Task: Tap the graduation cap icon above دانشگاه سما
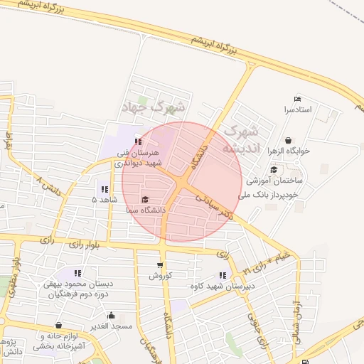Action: click(146, 200)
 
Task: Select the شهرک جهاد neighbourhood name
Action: click(153, 108)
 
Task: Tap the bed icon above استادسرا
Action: click(297, 99)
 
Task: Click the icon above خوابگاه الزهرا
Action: click(288, 140)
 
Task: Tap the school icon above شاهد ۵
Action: click(105, 189)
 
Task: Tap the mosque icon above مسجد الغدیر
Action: click(110, 315)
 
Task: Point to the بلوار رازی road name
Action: click(86, 245)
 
